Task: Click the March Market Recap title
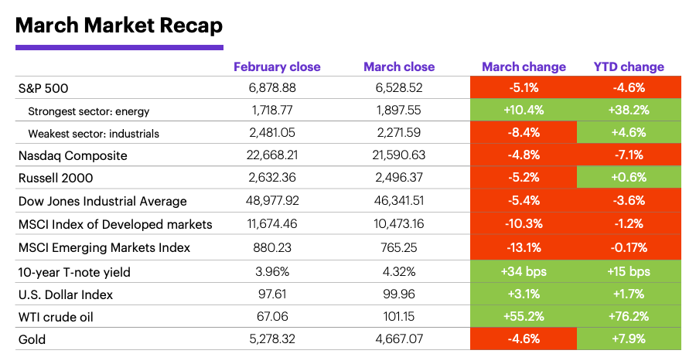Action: tap(119, 26)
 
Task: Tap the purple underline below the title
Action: tap(119, 48)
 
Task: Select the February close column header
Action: tap(277, 67)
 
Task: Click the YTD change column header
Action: tap(629, 67)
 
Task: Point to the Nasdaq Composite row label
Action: tap(73, 155)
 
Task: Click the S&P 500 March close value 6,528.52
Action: tap(399, 87)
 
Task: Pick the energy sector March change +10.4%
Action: tap(524, 111)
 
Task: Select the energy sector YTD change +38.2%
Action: tap(629, 111)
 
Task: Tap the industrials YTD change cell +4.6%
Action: tap(629, 133)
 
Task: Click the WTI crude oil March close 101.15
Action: tap(399, 317)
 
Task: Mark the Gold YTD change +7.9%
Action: tap(629, 339)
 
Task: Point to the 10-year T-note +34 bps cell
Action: tap(524, 271)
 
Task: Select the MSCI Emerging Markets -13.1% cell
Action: tap(524, 248)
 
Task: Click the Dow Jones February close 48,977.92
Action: tap(277, 201)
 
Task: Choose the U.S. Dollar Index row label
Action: tap(66, 294)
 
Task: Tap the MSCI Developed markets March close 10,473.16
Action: tap(399, 225)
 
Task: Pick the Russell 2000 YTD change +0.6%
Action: tap(629, 178)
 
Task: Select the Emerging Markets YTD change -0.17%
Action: tap(629, 248)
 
